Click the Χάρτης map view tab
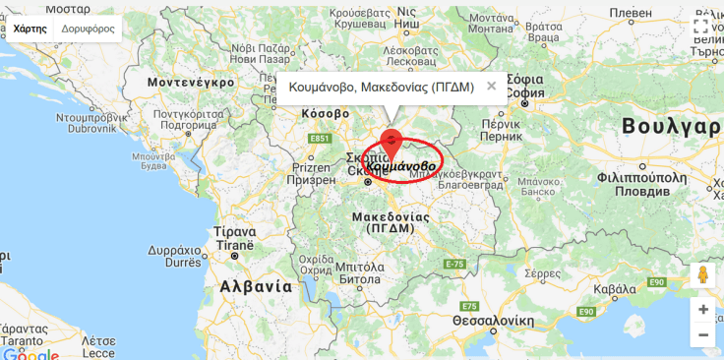tap(30, 29)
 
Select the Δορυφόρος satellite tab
tap(88, 29)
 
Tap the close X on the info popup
tap(491, 86)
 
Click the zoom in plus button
tap(702, 309)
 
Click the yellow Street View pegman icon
tap(702, 273)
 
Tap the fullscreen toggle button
tap(700, 27)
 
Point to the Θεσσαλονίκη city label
tap(493, 321)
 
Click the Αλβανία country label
tap(256, 286)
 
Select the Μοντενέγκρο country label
tap(191, 83)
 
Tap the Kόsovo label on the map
tap(325, 114)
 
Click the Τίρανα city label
tap(235, 232)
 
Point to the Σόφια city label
tap(526, 79)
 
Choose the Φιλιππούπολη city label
tap(641, 178)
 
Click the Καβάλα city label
tap(616, 288)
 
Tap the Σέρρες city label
tap(543, 273)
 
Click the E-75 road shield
tap(454, 264)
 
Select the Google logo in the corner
tap(30, 352)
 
